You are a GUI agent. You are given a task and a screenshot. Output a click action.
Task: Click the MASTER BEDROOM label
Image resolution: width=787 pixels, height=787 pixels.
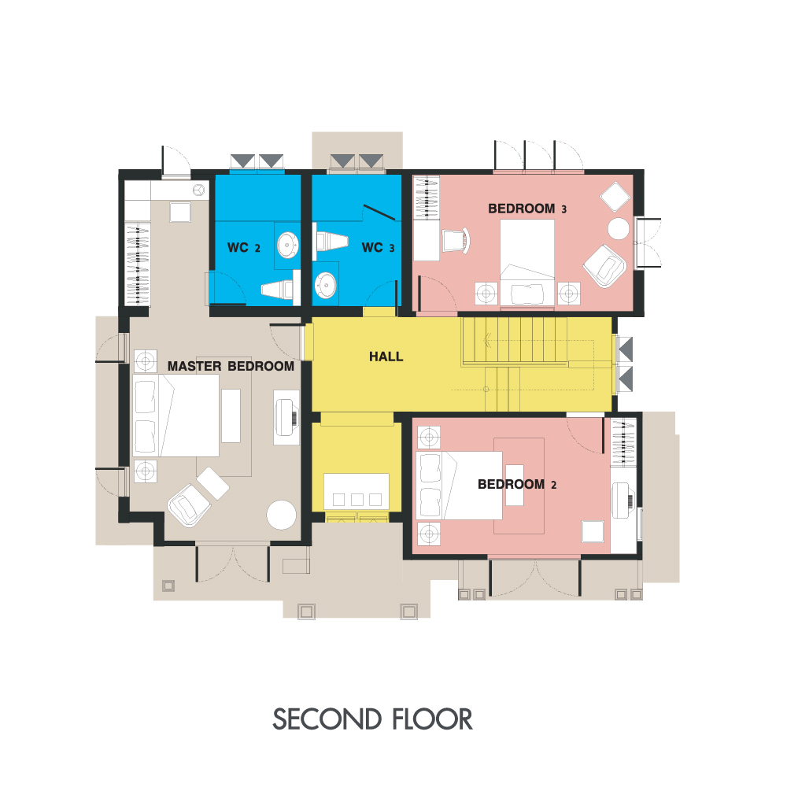click(231, 367)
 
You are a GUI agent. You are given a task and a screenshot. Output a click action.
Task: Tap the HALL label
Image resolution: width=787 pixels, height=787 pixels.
click(386, 357)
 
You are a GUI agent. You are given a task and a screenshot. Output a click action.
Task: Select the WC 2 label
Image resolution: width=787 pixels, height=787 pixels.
click(244, 247)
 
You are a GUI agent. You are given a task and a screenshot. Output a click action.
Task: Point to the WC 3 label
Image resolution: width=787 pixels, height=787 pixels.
click(378, 247)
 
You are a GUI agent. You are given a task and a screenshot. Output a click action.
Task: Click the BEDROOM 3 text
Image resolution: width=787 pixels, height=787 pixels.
click(527, 209)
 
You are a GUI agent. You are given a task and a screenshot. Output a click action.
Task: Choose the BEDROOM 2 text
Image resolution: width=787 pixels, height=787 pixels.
click(517, 484)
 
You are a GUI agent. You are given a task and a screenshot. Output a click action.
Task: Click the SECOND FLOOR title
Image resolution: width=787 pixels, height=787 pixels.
click(372, 719)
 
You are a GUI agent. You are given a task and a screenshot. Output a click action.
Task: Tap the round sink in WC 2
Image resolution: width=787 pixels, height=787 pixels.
click(287, 245)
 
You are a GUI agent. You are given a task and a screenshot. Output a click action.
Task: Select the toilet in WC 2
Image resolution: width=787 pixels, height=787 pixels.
click(277, 289)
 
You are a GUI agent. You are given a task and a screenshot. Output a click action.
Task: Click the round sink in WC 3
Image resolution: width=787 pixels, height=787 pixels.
click(325, 285)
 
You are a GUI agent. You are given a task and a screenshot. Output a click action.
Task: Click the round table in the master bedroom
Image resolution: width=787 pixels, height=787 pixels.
click(281, 515)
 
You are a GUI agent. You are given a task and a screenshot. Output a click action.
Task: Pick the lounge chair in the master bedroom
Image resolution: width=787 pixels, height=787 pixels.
click(189, 505)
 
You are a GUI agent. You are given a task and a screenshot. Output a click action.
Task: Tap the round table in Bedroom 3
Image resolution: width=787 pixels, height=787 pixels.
click(619, 229)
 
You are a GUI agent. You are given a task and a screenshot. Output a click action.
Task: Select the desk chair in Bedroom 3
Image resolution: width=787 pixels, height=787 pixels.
click(456, 240)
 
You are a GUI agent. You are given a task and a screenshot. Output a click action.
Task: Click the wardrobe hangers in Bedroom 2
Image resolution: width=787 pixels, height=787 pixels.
click(623, 442)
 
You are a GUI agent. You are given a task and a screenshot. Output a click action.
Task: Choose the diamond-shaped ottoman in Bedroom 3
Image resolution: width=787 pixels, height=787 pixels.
click(615, 197)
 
